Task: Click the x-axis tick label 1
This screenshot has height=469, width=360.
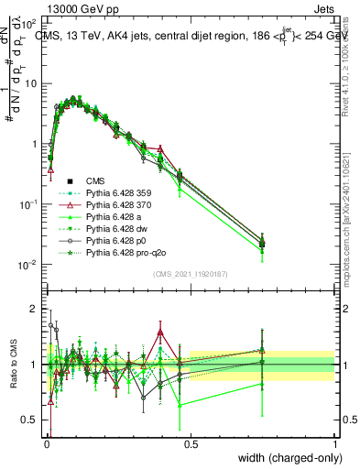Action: pos(335,444)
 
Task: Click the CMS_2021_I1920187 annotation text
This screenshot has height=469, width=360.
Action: pos(190,275)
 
